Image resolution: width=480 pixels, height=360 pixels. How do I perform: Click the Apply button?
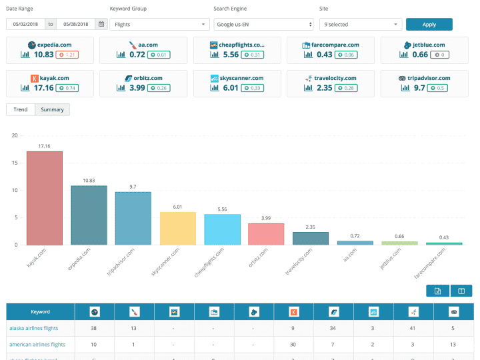[x=429, y=25]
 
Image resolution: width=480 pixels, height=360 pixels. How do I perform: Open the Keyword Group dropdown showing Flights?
[x=159, y=25]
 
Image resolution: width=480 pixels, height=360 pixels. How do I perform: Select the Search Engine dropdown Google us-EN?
[x=263, y=25]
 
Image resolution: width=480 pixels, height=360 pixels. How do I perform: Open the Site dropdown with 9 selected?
[x=361, y=25]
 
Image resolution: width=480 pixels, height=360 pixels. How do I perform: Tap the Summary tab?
[x=52, y=109]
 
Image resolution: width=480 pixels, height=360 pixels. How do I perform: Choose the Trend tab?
[x=21, y=109]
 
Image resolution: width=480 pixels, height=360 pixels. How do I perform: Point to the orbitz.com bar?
[x=266, y=234]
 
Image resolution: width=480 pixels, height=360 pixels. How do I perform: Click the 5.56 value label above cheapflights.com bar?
[x=222, y=209]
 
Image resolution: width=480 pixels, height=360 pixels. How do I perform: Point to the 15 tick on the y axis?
[x=15, y=163]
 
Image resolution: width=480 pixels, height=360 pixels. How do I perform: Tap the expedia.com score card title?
[x=54, y=45]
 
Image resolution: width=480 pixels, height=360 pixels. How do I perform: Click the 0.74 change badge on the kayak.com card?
[x=67, y=88]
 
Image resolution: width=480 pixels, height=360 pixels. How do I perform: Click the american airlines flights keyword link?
[x=37, y=345]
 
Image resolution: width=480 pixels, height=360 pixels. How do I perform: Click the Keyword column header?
[x=40, y=311]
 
